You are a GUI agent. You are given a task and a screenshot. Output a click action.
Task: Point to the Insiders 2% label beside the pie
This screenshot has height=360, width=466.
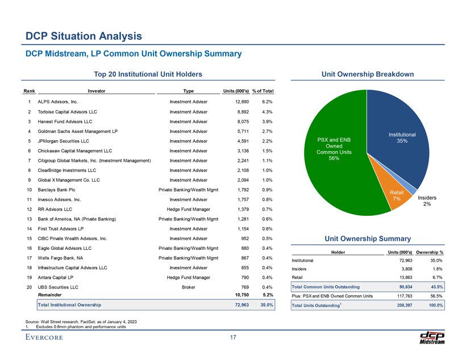[x=428, y=201]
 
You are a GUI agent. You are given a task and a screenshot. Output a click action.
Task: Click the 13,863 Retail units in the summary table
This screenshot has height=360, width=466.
[x=401, y=277]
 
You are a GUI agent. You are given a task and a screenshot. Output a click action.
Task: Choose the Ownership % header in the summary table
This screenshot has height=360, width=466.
[x=430, y=252]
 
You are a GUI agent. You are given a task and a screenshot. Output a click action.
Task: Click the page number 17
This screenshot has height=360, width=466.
[x=233, y=339]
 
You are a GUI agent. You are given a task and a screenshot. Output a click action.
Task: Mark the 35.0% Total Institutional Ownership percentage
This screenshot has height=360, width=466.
[x=267, y=305]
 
